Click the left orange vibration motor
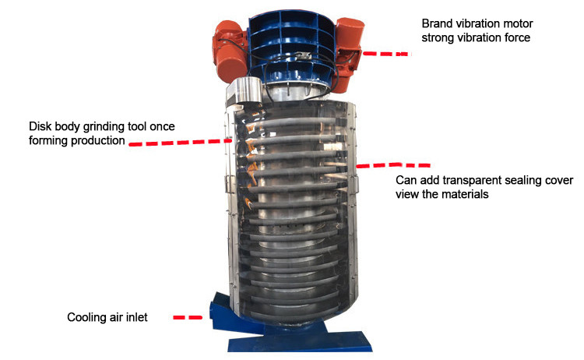(229, 51)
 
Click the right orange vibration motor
(348, 54)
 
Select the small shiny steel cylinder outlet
(245, 90)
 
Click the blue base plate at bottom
(300, 341)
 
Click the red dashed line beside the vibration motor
(387, 54)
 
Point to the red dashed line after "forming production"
(181, 142)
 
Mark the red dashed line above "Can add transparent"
(393, 165)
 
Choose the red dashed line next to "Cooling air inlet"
(188, 317)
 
